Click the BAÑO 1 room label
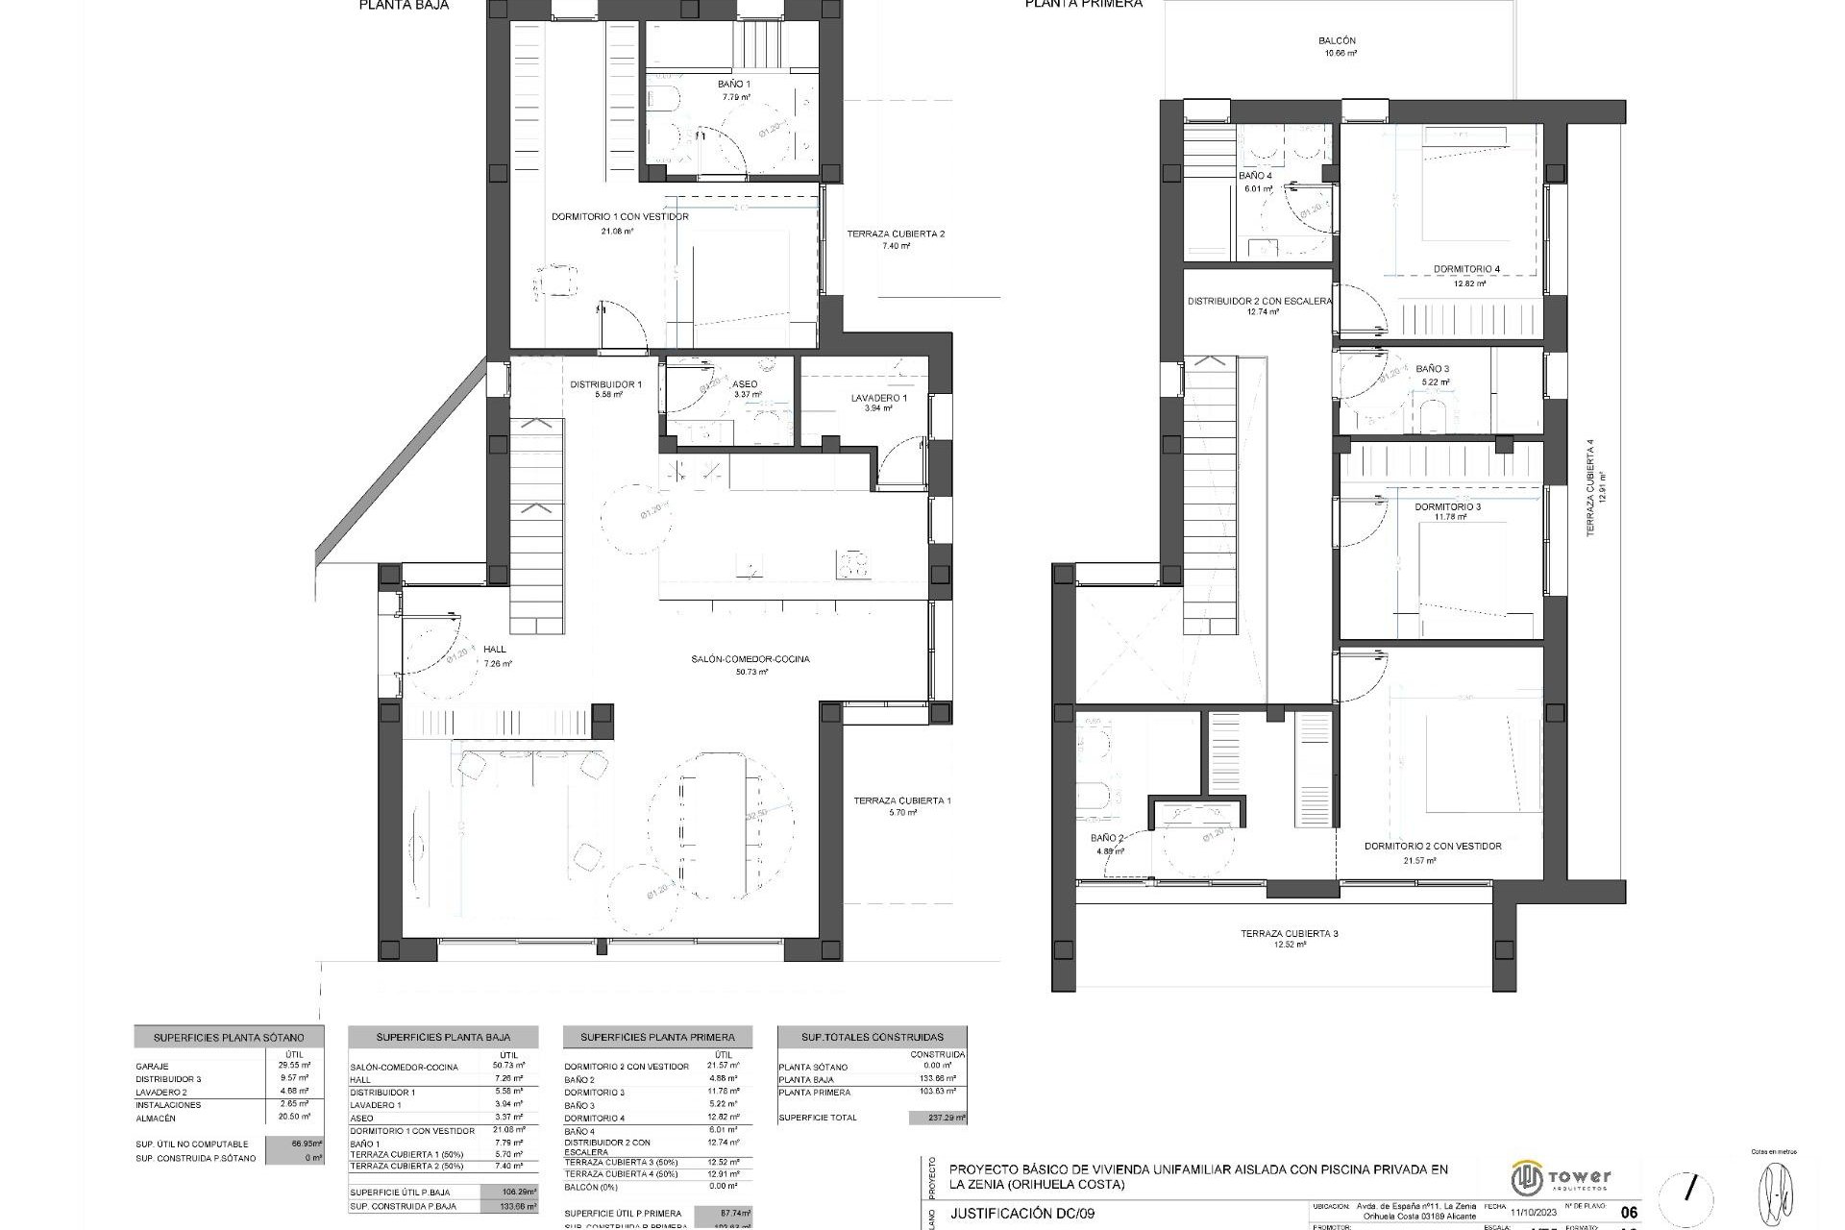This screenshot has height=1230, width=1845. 734,85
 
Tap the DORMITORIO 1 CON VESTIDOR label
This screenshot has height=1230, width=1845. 620,217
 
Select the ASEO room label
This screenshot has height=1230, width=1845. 745,383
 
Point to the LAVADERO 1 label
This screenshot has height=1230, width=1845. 878,398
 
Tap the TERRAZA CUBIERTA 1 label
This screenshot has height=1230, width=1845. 902,800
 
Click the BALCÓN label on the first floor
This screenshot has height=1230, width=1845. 1337,41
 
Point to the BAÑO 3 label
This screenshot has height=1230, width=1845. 1432,369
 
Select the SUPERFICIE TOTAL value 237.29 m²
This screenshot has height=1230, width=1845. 937,1119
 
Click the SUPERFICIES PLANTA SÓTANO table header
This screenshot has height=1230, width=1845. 229,1038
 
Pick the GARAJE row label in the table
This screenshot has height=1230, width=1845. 153,1067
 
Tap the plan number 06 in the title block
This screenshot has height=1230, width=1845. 1628,1213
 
